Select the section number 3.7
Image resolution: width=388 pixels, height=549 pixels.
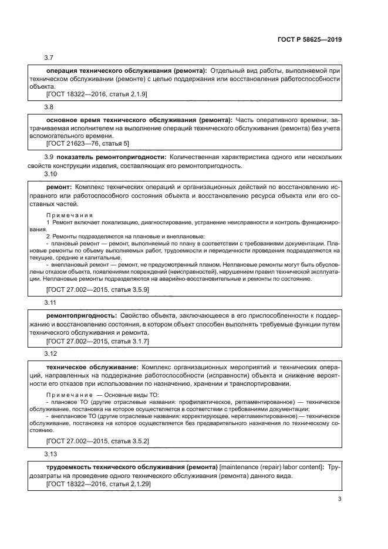coord(49,58)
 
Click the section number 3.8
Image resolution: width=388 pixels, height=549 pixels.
coord(49,107)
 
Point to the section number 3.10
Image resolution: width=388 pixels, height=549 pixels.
coord(51,174)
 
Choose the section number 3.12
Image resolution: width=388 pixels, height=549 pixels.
coord(51,354)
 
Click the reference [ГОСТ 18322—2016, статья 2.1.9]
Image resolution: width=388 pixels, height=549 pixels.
coord(88,94)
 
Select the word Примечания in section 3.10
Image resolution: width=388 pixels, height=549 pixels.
coord(69,215)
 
